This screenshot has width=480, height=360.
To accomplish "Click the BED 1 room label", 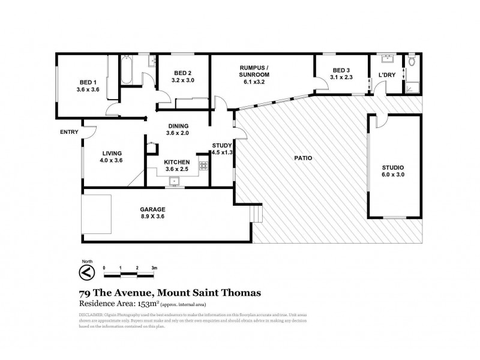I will click(87, 82).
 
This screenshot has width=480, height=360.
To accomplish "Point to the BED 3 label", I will click(340, 70).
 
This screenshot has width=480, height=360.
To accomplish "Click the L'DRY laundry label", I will click(386, 75).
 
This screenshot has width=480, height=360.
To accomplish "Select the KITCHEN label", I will click(177, 162).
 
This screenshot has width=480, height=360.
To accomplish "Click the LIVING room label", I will click(110, 152).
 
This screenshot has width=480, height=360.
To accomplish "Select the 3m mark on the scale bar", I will click(154, 267).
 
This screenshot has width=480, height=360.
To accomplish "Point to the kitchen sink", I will click(176, 180).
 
